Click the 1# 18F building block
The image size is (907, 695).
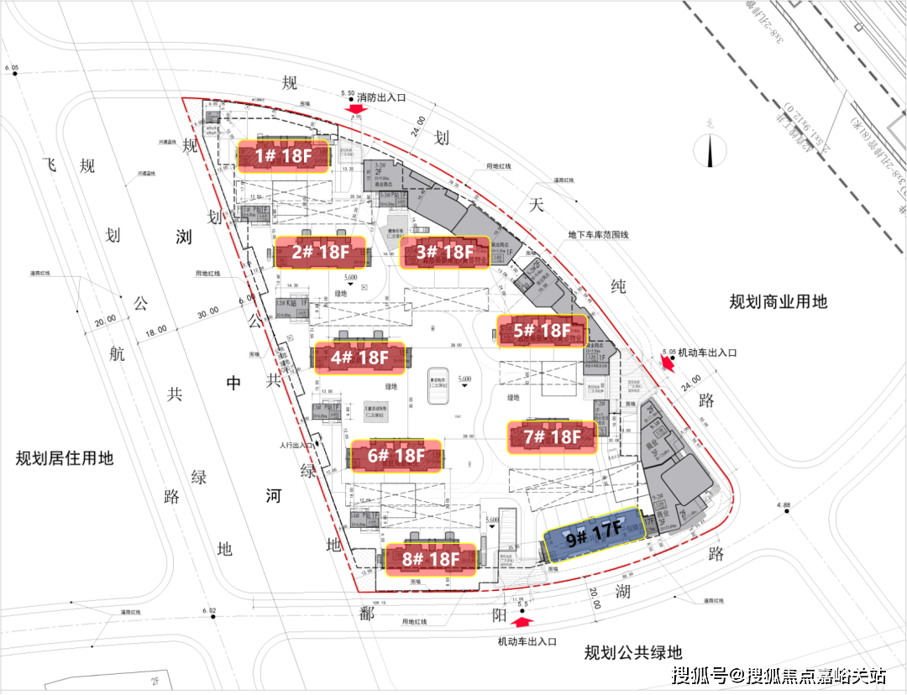tap(282, 156)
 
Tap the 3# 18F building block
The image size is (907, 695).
tap(445, 252)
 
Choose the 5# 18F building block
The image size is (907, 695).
tap(543, 331)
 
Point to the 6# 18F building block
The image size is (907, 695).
tap(396, 456)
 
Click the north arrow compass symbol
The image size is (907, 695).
tap(711, 152)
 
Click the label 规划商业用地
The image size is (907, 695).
tap(778, 301)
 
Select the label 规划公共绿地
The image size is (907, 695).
tap(633, 652)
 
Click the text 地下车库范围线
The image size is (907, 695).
tap(598, 236)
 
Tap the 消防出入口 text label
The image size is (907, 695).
tap(382, 98)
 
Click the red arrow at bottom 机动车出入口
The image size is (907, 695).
tap(522, 623)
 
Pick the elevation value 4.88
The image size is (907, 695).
tap(785, 505)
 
